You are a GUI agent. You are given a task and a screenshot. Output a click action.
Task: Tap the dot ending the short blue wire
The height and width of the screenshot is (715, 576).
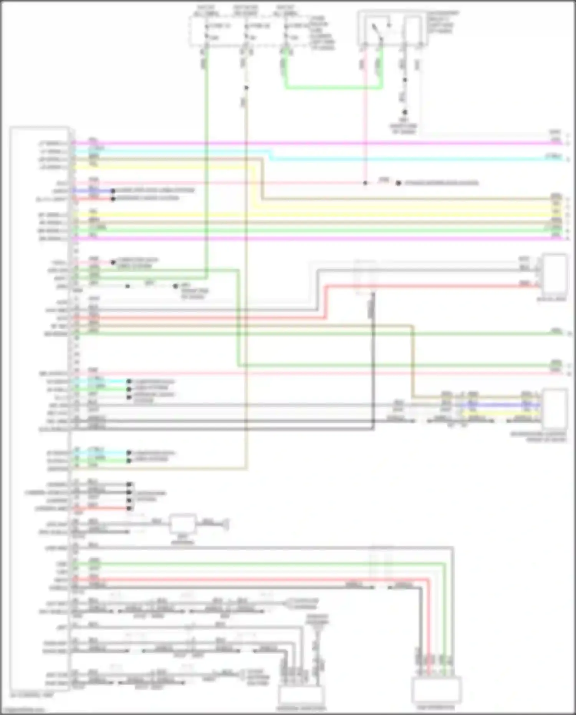pos(113,191)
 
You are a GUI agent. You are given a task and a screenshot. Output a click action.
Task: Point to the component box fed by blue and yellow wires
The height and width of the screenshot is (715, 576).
pos(555,409)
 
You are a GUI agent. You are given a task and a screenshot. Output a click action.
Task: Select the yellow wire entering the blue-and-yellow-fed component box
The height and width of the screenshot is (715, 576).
pos(499,413)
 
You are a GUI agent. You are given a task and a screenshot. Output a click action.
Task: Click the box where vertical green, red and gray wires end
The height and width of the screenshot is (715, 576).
pos(436,690)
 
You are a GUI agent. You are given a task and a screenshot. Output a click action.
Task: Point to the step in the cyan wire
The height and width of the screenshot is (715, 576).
pos(271,154)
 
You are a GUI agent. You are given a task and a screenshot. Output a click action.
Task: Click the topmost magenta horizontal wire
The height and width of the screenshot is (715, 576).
pos(307,143)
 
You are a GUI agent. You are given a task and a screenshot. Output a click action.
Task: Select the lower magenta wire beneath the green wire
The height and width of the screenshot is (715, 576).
pos(307,239)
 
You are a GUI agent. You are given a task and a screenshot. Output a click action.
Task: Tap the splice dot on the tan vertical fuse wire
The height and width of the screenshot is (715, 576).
pos(246,88)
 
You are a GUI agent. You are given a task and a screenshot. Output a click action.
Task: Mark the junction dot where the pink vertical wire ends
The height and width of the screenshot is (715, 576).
pos(365,183)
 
